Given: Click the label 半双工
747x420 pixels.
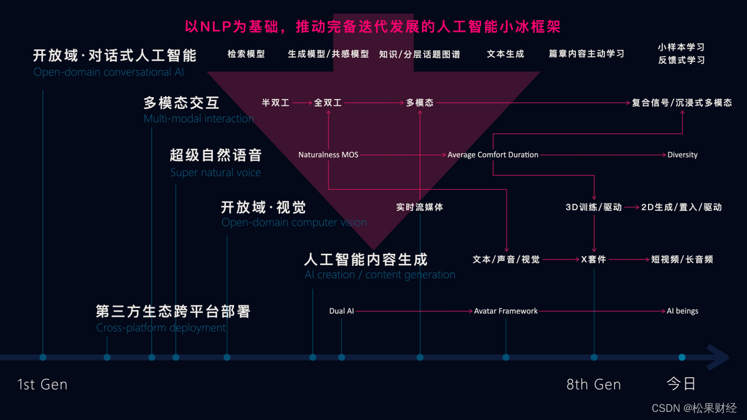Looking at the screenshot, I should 275,103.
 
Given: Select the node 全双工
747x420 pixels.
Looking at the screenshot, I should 328,103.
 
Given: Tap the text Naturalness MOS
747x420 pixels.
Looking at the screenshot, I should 328,155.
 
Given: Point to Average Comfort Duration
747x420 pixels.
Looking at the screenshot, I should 493,155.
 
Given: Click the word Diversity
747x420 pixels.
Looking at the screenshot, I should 682,155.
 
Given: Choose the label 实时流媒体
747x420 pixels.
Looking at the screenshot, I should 420,207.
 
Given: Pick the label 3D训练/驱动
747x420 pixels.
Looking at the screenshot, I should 593,207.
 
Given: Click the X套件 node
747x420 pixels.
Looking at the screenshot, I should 593,259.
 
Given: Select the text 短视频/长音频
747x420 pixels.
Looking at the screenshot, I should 682,259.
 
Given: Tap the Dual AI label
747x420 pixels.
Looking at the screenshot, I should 341,311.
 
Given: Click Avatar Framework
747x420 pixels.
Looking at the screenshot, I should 505,311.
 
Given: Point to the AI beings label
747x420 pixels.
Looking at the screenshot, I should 682,311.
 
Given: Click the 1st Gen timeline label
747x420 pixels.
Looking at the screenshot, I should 42,385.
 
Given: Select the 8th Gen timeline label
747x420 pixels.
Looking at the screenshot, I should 593,385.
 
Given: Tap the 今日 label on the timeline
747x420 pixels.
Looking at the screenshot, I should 681,383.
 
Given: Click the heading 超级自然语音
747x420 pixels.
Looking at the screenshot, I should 216,155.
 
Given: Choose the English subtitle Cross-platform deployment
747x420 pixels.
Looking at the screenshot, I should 161,328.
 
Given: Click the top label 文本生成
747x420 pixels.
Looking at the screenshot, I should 505,54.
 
